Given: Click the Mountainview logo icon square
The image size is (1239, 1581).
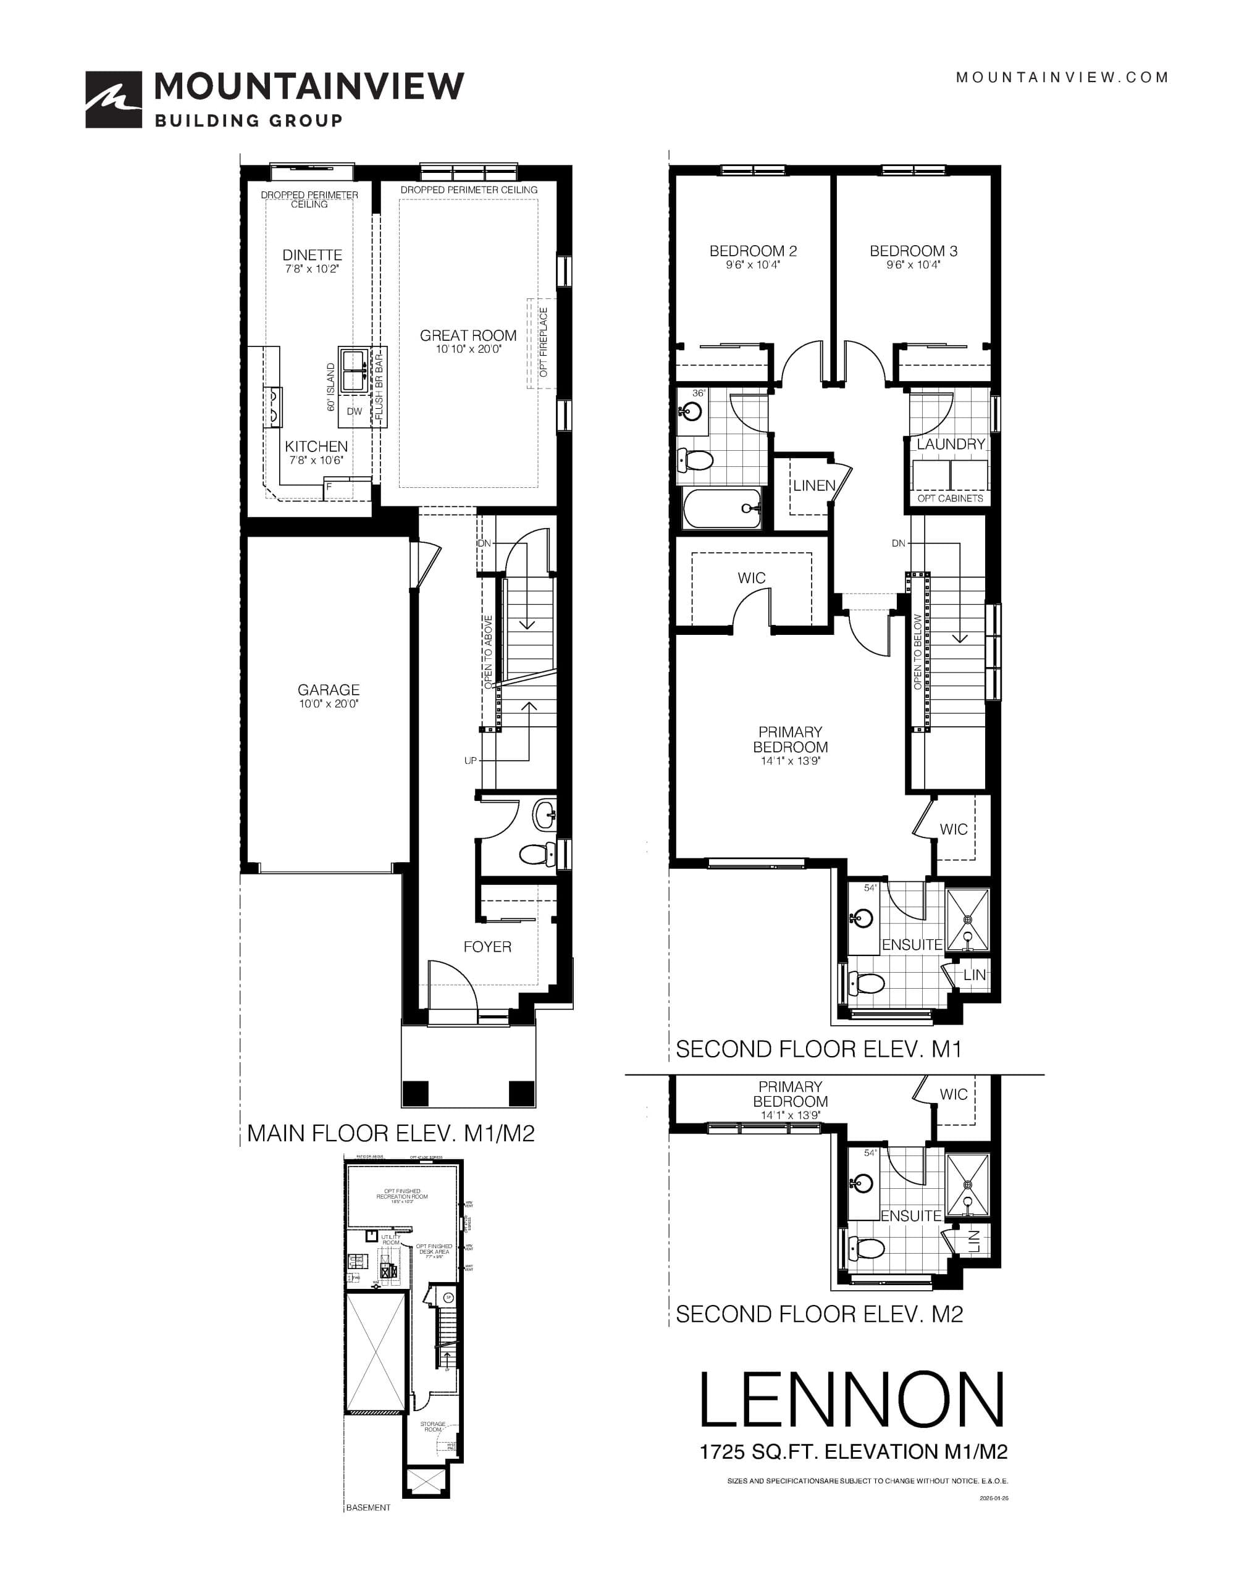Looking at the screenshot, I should point(113,99).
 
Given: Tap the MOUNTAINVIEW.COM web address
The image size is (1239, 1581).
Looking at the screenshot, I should point(1062,77).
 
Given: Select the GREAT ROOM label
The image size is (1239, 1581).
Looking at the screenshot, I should point(468,335).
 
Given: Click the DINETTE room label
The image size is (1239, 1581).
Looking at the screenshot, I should point(312,254).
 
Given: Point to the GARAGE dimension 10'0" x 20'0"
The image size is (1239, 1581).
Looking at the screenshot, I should point(328,703).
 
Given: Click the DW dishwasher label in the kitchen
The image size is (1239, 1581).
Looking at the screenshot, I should point(354,411).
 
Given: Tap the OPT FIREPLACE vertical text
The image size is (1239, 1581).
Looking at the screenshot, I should point(544,342).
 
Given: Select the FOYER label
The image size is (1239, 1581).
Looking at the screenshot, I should point(487,946).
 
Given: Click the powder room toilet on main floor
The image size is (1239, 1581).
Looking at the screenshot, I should point(535,854).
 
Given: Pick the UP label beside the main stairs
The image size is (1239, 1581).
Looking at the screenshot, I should point(470,761).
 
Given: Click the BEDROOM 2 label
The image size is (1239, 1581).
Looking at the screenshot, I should point(753,251).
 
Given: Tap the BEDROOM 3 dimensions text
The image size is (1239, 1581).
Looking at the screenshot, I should point(913,265).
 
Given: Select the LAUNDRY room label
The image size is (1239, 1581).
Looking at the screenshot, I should point(951,444).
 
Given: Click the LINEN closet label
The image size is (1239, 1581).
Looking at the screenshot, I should point(814,485).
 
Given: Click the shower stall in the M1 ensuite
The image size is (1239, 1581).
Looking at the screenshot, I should point(968,919).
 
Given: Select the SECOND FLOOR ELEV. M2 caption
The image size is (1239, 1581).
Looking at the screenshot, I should point(819,1314).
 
